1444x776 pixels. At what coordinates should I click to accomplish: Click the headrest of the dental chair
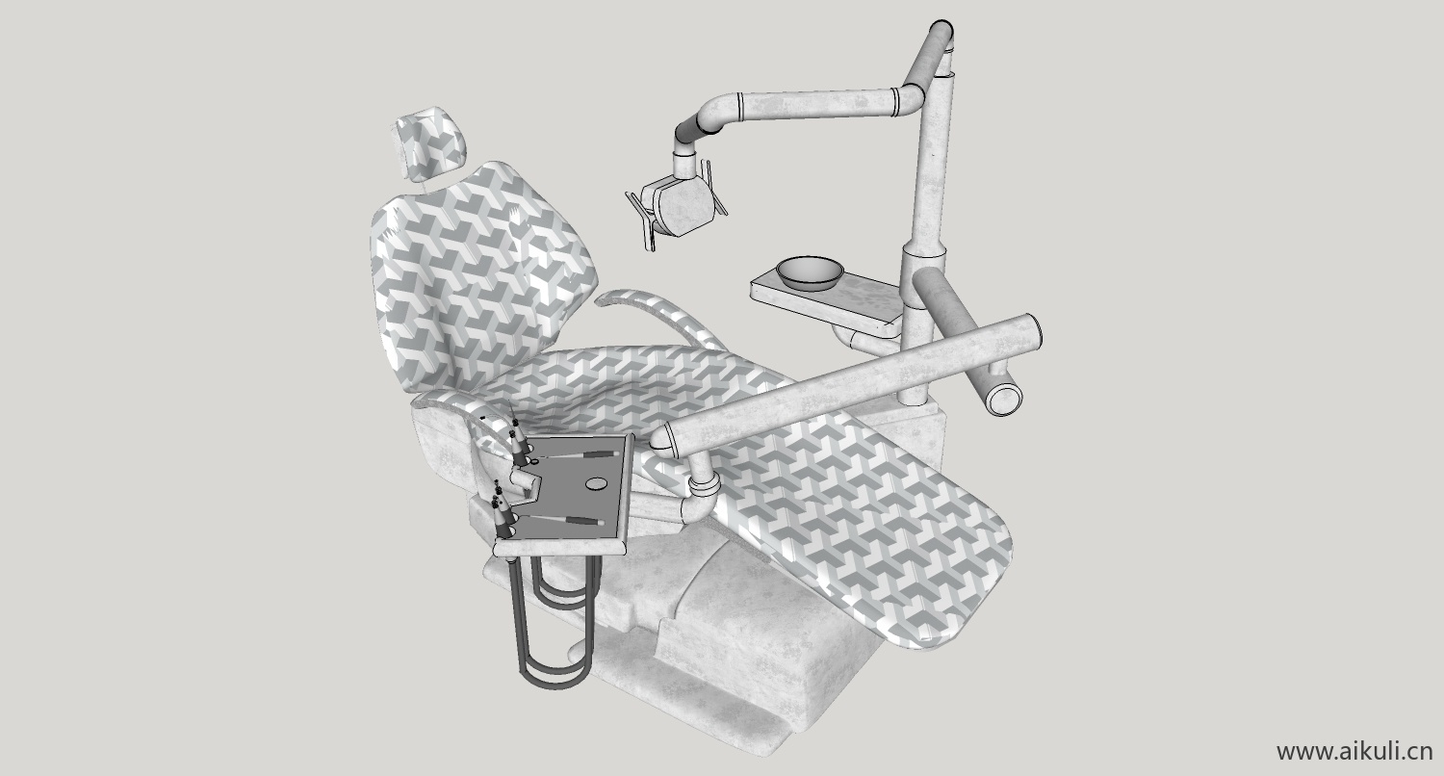tap(429, 143)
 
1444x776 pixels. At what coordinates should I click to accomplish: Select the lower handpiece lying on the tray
tap(561, 520)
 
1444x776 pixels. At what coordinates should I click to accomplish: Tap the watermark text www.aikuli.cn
tap(1354, 751)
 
